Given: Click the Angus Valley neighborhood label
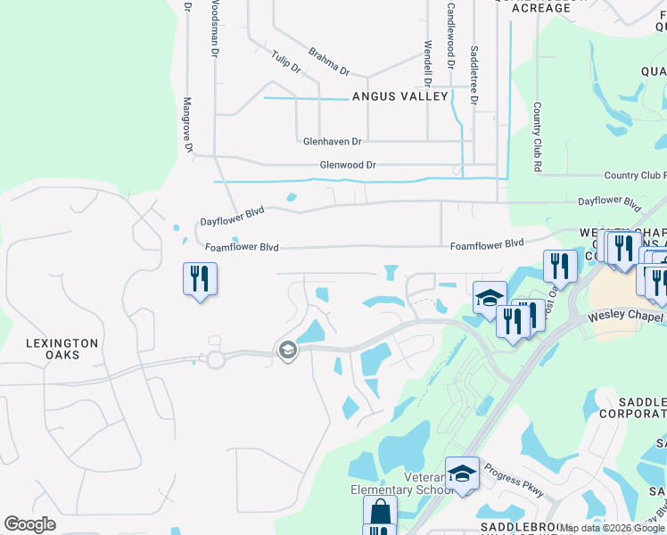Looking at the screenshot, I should [399, 96].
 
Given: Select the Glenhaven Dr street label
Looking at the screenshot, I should [332, 141].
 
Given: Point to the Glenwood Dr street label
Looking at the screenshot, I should [349, 165].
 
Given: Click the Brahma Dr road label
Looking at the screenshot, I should [328, 62].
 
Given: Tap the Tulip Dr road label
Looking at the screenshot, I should [286, 62].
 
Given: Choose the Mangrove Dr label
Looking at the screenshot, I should [188, 128].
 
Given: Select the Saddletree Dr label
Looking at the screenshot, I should [473, 76].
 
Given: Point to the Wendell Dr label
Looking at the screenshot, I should [428, 55].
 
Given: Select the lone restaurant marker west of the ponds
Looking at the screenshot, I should [200, 279].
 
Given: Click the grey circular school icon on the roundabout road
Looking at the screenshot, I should [286, 350].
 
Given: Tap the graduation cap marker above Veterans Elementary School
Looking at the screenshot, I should [462, 473].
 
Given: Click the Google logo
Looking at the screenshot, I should [29, 524].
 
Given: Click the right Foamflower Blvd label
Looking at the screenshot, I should [486, 243].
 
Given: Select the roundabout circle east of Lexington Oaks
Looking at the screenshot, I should [215, 360].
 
